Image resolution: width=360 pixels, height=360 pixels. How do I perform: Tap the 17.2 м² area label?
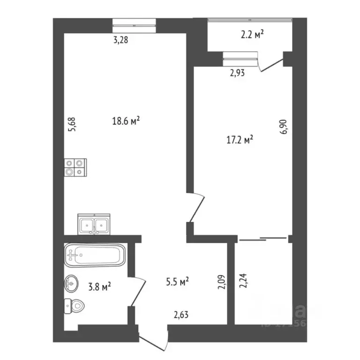240,139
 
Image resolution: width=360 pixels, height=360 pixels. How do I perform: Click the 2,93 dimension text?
237,72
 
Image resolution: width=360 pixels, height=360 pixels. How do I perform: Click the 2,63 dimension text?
181,315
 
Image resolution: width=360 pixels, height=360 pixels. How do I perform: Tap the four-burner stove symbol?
76,167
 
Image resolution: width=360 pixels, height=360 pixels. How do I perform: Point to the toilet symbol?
75,307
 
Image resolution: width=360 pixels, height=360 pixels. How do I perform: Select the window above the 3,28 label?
134,24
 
